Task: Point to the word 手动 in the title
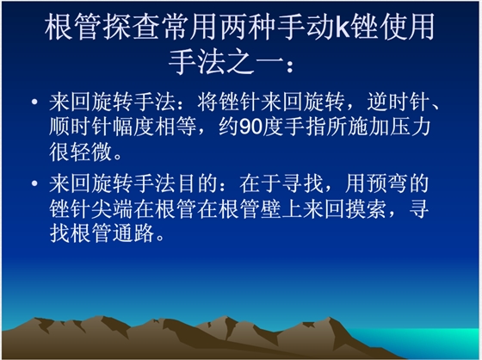click(x=305, y=28)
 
